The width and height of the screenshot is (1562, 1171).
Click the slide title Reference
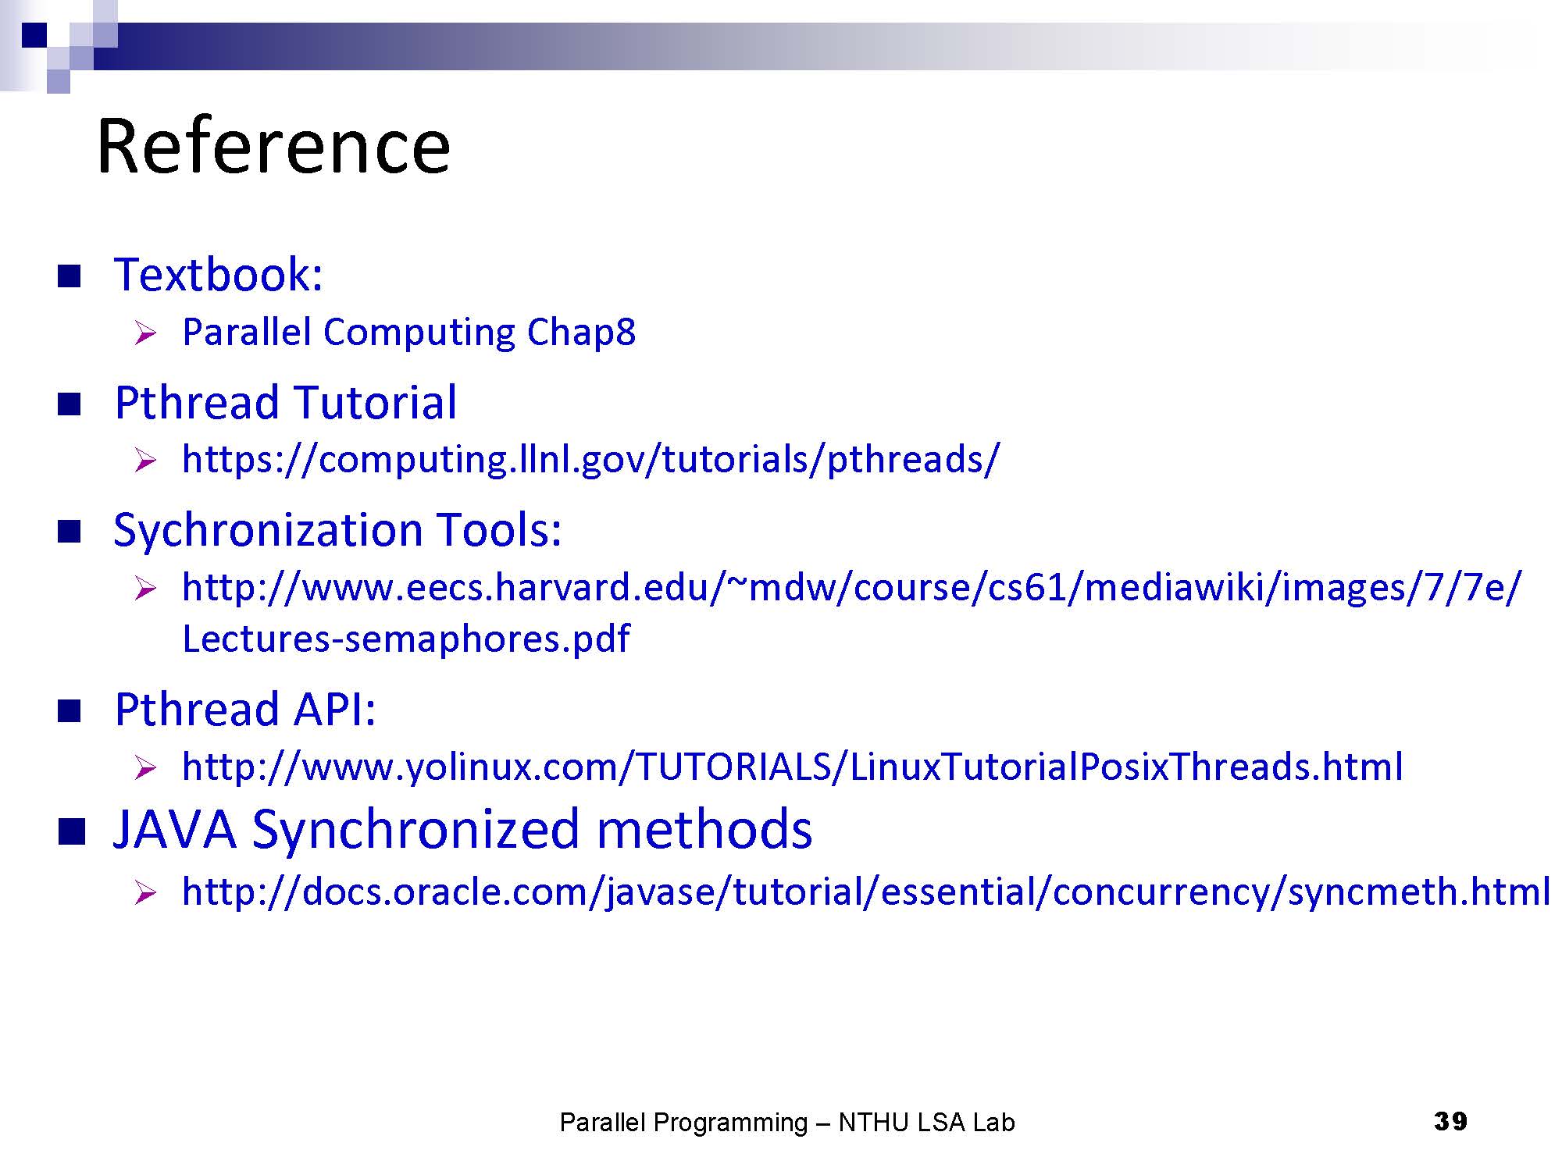(x=273, y=147)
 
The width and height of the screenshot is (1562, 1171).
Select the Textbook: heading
(x=219, y=275)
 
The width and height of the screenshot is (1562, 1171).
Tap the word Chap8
(x=581, y=333)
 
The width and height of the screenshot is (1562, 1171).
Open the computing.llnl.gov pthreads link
(x=590, y=459)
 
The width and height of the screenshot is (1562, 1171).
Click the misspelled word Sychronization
(x=268, y=531)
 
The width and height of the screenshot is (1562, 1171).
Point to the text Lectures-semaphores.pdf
(x=405, y=639)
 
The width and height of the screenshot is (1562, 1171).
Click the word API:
(x=334, y=710)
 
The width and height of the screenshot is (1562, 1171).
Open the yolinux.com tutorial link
(x=792, y=767)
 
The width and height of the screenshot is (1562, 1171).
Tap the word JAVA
(x=175, y=829)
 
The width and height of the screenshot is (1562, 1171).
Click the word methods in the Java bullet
(x=704, y=829)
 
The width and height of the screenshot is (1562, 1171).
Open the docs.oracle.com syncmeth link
(x=866, y=892)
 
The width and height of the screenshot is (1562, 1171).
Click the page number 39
(x=1450, y=1122)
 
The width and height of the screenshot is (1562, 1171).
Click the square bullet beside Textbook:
(x=70, y=276)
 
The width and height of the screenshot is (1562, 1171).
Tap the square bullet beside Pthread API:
(x=70, y=711)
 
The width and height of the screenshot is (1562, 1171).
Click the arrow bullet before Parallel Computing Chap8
(x=145, y=334)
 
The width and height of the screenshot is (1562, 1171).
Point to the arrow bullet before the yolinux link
(x=145, y=768)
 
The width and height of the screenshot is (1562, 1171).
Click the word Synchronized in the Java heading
(x=415, y=829)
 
